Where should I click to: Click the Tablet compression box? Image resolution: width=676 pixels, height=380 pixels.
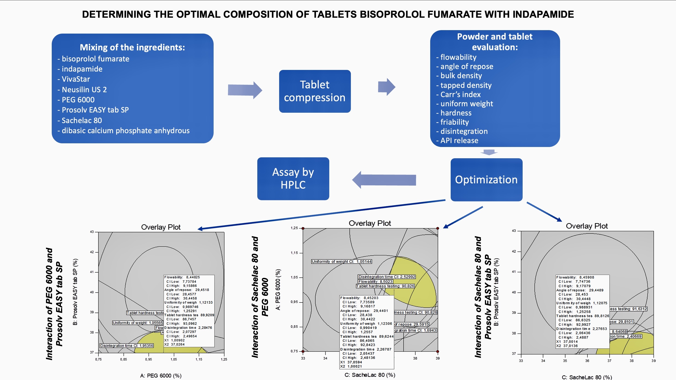(x=315, y=91)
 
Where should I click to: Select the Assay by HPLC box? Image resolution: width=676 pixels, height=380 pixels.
(x=293, y=178)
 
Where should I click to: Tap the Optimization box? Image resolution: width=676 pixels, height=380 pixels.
(x=486, y=180)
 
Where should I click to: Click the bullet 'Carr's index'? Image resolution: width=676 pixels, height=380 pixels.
(x=460, y=94)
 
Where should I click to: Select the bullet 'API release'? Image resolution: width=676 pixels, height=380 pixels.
(x=459, y=141)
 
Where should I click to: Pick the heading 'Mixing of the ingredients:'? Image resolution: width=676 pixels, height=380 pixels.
(x=132, y=47)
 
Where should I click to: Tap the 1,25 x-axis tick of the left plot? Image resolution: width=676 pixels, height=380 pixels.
(x=224, y=359)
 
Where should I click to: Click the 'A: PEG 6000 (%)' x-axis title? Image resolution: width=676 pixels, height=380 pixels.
(x=160, y=376)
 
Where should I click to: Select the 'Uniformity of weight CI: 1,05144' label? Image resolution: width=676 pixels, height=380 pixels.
(x=341, y=262)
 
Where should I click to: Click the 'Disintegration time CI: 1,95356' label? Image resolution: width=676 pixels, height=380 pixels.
(x=126, y=345)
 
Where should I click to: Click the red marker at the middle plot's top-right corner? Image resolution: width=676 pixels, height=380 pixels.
(x=438, y=228)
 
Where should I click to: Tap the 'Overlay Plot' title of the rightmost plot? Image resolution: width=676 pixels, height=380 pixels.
(x=587, y=226)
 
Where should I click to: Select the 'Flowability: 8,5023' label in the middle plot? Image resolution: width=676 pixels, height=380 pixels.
(x=375, y=282)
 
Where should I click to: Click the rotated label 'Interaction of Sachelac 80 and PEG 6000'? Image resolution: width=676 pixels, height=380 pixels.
(x=260, y=297)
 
